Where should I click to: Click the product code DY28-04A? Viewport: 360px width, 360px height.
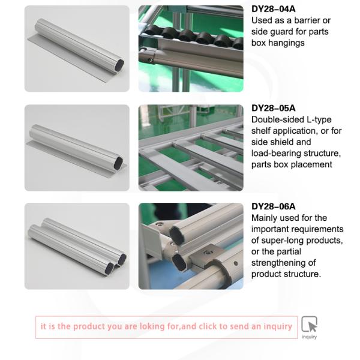tap(273, 9)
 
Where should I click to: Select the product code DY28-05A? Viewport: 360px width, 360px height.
tap(273, 108)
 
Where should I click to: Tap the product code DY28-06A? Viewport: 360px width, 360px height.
tap(273, 206)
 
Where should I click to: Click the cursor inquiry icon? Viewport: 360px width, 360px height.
tap(309, 325)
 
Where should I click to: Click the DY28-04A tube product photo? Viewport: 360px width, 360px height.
tap(77, 49)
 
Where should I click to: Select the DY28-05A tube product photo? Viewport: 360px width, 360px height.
tap(77, 148)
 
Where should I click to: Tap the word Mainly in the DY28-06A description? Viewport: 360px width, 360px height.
tap(265, 218)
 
